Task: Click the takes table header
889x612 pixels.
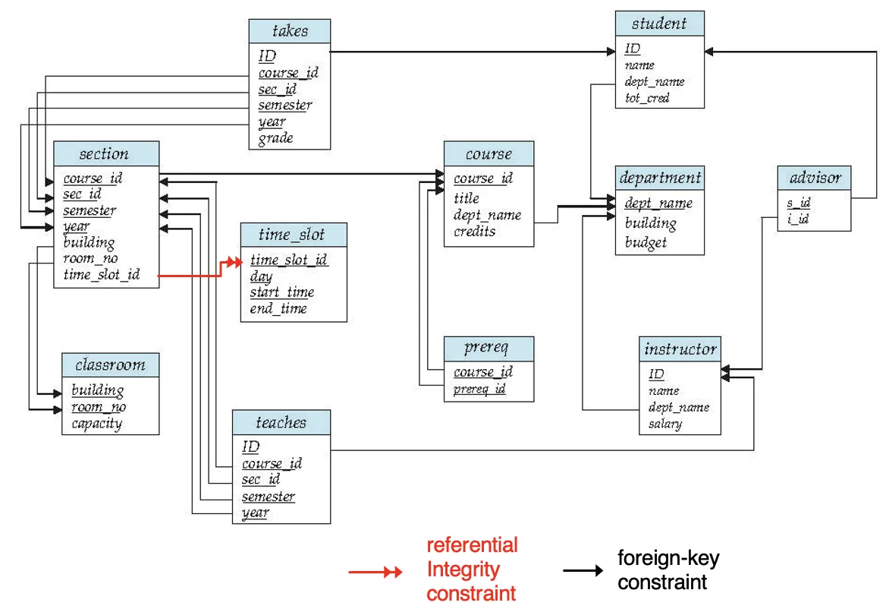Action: click(x=290, y=30)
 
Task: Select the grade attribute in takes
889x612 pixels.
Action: click(x=275, y=138)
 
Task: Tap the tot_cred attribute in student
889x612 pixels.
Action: click(x=647, y=98)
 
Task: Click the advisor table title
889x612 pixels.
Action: click(x=815, y=178)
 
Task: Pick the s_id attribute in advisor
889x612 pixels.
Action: click(x=798, y=203)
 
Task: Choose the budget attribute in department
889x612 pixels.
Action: click(x=646, y=243)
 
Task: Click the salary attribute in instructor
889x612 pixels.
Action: click(x=666, y=424)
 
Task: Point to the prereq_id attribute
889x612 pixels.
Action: click(x=479, y=389)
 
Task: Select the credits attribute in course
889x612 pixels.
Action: click(x=475, y=231)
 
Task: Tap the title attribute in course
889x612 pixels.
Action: click(x=466, y=198)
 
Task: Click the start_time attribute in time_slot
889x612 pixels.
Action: click(x=281, y=292)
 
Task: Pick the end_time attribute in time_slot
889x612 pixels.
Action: click(x=278, y=308)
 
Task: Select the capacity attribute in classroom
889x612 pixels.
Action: click(x=97, y=424)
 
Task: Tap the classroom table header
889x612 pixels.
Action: click(x=111, y=364)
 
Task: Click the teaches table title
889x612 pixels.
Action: click(x=281, y=422)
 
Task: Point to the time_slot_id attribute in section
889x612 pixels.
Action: click(x=102, y=275)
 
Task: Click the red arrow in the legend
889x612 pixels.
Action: click(x=375, y=572)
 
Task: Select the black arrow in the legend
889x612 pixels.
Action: click(x=583, y=570)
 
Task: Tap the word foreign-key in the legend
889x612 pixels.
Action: click(x=668, y=558)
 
